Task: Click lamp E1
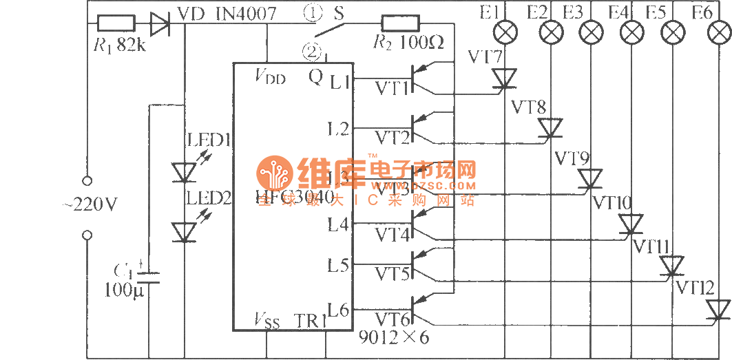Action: [507, 32]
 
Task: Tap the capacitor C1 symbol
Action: [148, 277]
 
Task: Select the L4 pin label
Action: [338, 224]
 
